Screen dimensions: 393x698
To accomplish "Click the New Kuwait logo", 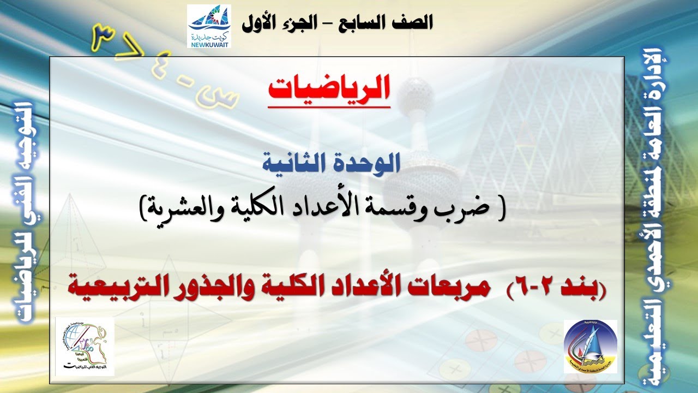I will [x=209, y=26].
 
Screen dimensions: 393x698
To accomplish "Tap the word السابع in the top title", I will [x=371, y=22].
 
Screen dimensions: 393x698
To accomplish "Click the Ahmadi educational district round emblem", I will [x=591, y=347].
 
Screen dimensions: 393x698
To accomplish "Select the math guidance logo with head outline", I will [x=85, y=347].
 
